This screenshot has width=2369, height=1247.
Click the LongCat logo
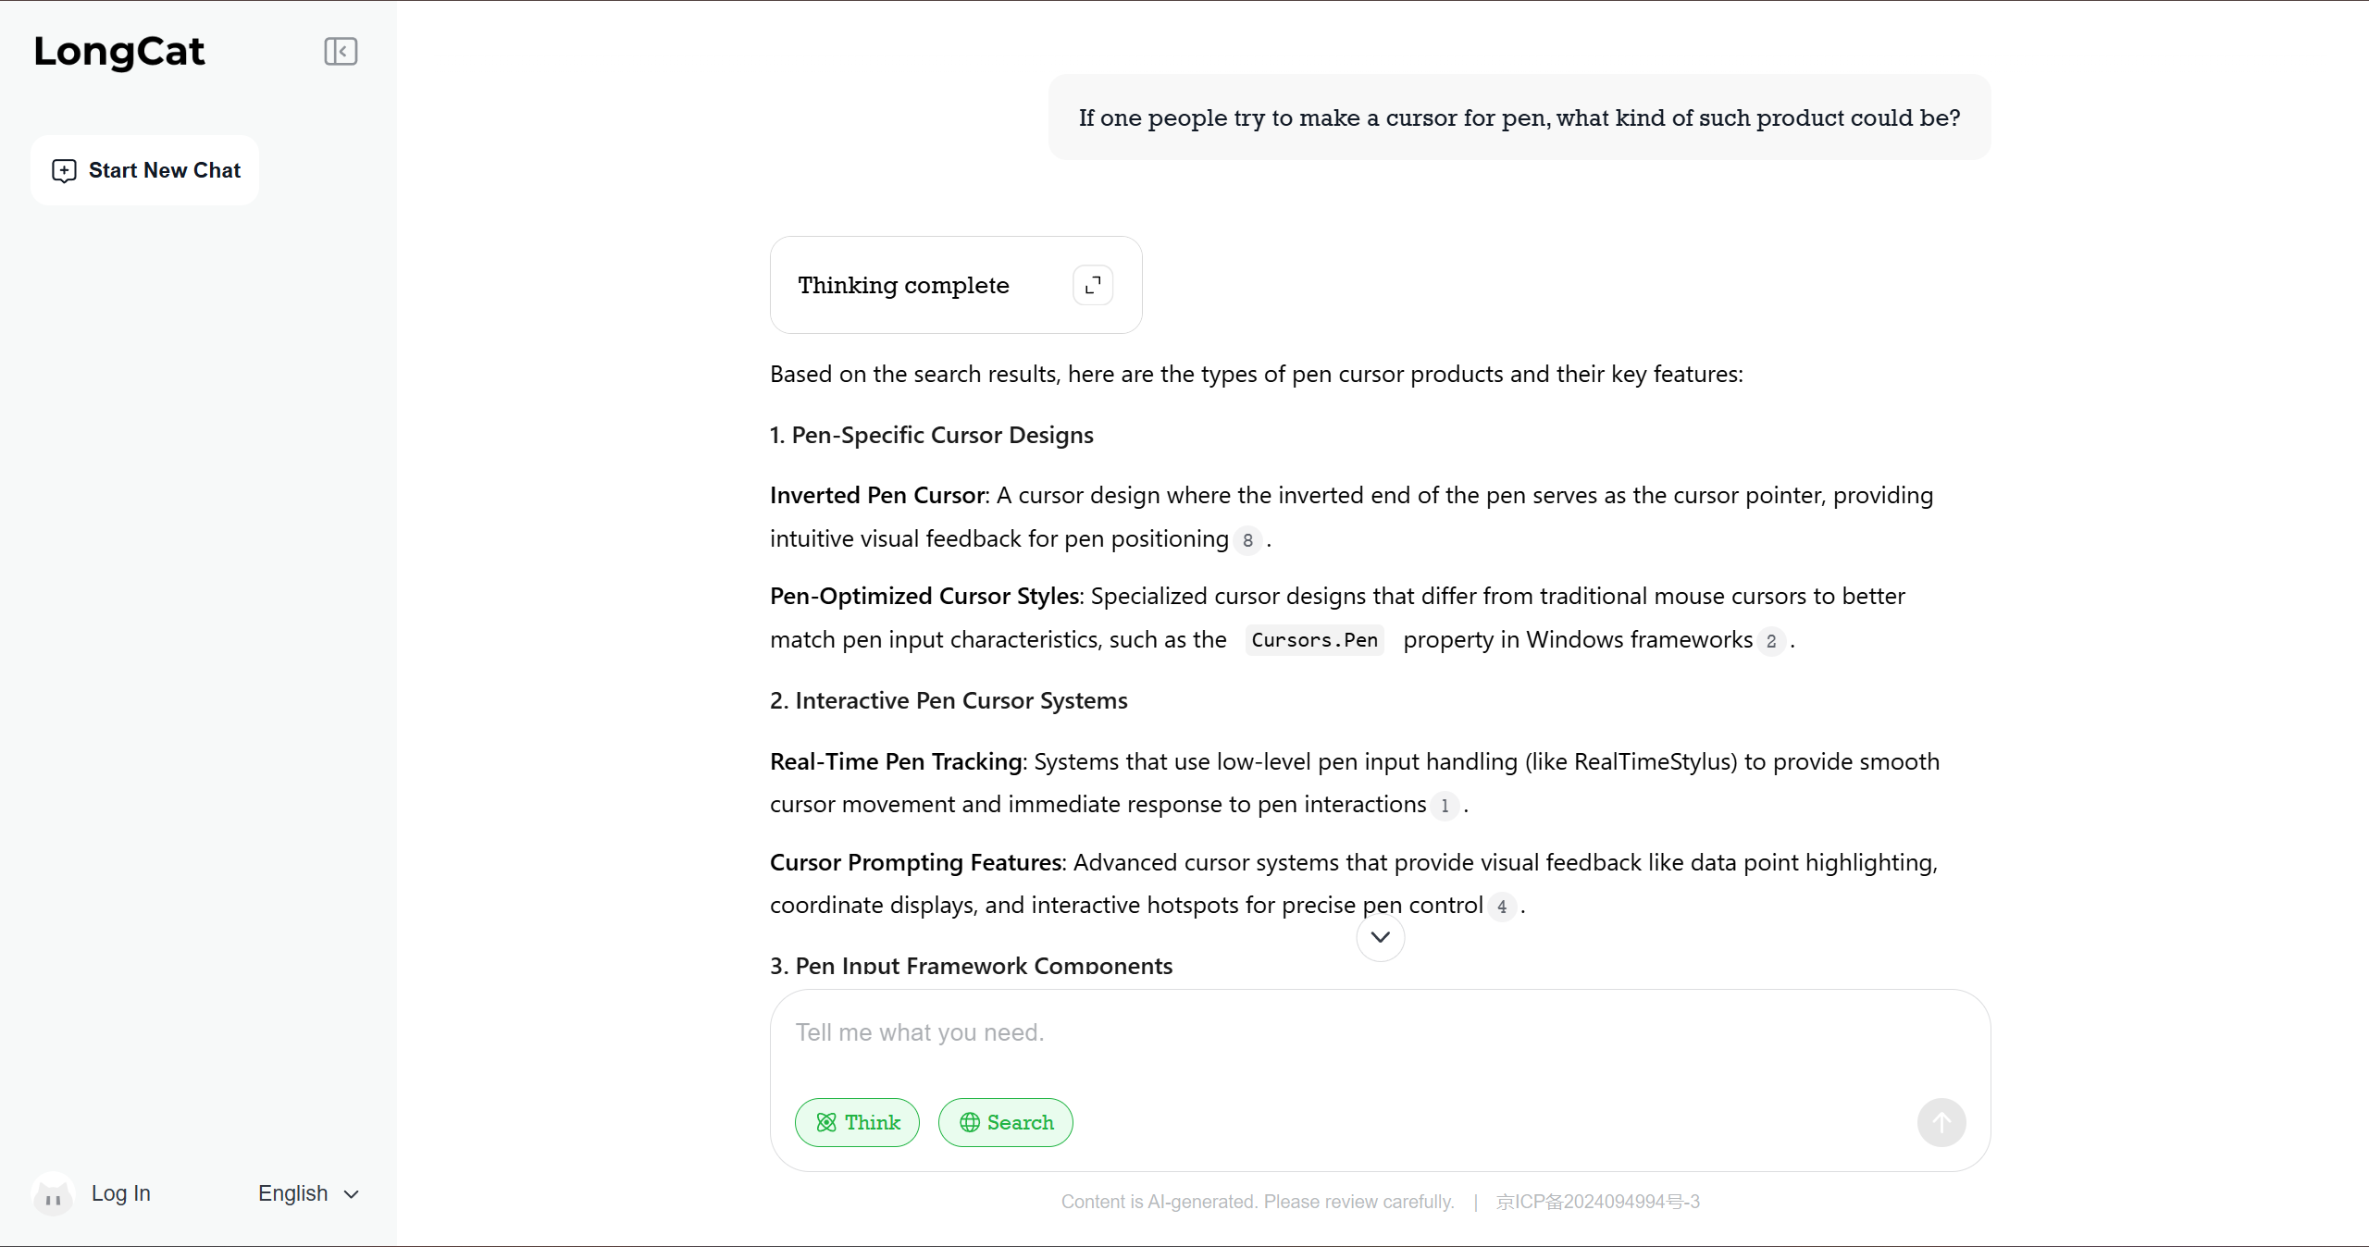tap(119, 52)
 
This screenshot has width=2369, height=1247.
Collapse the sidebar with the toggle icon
tap(341, 52)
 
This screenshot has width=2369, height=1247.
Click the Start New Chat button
tap(145, 170)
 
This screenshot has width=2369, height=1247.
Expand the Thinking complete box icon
tap(1093, 285)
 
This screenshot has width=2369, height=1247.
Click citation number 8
tap(1247, 540)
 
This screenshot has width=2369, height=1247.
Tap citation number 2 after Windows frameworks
tap(1771, 641)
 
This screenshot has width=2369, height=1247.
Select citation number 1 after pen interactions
tap(1445, 806)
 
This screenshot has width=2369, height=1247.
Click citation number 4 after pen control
tap(1502, 907)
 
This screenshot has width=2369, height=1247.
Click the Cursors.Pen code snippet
tap(1314, 640)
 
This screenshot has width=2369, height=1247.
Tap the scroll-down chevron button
tap(1380, 937)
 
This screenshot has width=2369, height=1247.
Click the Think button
tap(857, 1122)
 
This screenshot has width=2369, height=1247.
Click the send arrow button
tap(1941, 1122)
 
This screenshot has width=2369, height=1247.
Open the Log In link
tap(121, 1193)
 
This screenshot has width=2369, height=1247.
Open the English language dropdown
tap(308, 1193)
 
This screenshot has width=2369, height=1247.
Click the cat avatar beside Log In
tap(53, 1194)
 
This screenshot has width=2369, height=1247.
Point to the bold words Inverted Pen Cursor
tap(877, 496)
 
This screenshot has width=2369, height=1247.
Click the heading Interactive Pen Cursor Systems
tap(961, 700)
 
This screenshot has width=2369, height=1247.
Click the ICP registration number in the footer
tap(1597, 1202)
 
